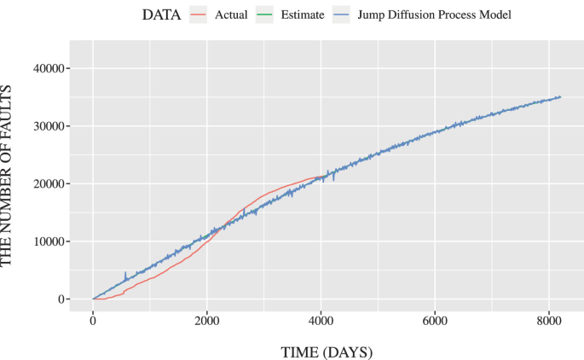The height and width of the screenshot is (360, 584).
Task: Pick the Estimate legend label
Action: [304, 15]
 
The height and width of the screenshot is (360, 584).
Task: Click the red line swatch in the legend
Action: [199, 15]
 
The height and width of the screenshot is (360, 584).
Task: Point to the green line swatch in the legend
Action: [269, 15]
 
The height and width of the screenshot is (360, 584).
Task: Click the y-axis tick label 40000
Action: [49, 68]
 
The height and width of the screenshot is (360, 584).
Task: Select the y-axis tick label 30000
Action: [49, 126]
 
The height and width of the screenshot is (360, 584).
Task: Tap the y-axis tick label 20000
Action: [49, 183]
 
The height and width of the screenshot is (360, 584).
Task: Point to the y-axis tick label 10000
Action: [49, 241]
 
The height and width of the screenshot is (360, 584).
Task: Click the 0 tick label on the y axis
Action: [62, 299]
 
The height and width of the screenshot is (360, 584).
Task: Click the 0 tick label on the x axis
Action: [93, 320]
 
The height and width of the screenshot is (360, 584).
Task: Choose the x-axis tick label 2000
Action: [206, 320]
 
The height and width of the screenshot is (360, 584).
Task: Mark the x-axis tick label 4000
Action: [321, 320]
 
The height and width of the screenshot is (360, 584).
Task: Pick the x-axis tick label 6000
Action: [435, 320]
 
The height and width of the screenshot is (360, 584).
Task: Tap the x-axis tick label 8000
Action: [548, 320]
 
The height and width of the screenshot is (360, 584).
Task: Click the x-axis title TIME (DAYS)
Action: [327, 351]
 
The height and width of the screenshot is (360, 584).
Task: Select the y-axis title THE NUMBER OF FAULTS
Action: [10, 175]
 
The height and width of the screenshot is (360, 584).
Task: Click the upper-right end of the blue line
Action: [560, 96]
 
